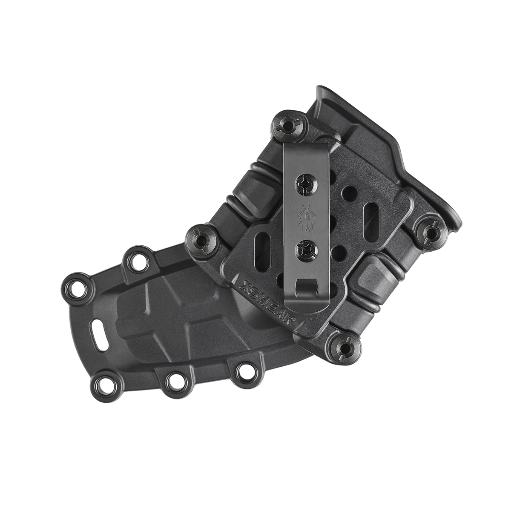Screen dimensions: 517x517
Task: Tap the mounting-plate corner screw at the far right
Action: click(x=430, y=231)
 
